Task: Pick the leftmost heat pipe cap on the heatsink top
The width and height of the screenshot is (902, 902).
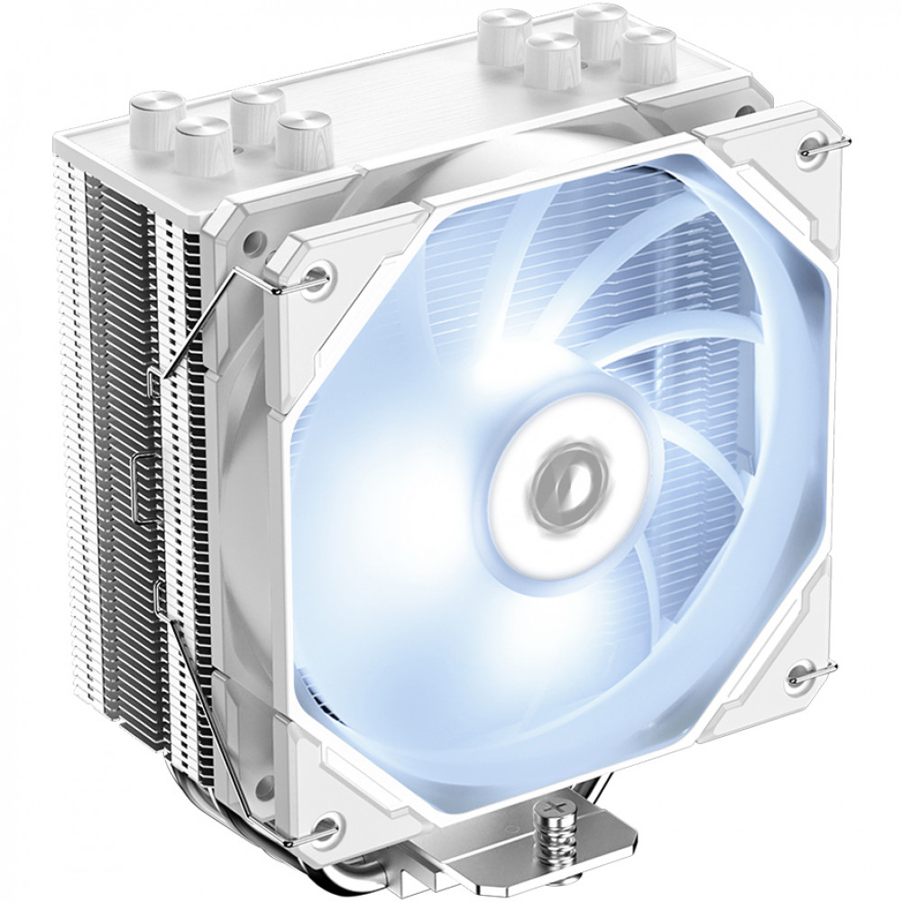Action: tap(154, 115)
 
